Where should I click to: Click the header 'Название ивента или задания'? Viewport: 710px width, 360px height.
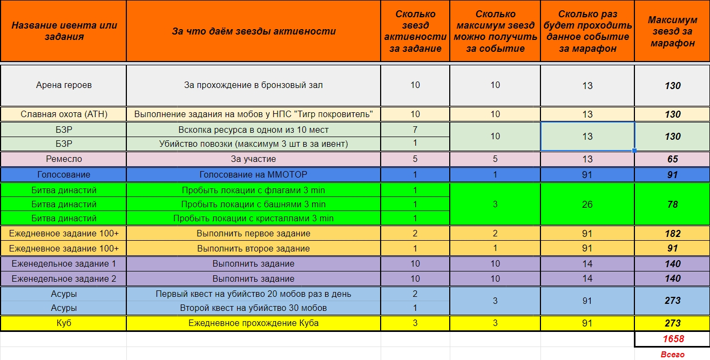coord(64,31)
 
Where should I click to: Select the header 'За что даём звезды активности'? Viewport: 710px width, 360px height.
coord(254,31)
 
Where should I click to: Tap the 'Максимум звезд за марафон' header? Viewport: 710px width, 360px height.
coord(672,31)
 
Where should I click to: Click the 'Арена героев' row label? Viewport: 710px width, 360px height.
coord(64,85)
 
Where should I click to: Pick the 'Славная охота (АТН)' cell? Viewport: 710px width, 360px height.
coord(64,114)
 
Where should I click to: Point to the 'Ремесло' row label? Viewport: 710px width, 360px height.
coord(64,159)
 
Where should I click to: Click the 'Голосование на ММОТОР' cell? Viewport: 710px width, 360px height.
coord(254,175)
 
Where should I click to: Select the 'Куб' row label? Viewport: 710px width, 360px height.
coord(64,323)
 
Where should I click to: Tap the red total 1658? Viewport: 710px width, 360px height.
coord(672,339)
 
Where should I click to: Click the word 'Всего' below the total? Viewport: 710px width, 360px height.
coord(672,355)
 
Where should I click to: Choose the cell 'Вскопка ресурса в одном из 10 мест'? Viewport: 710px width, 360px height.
coord(254,130)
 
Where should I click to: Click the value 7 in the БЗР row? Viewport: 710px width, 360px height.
coord(415,130)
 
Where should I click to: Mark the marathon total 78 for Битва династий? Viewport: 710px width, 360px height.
coord(672,205)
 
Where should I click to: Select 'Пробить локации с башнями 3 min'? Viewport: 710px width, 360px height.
coord(254,205)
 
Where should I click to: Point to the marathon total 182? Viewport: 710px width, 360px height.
coord(672,234)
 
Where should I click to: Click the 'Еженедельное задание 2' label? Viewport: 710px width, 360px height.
coord(64,279)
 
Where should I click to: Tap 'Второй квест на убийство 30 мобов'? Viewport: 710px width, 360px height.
coord(254,308)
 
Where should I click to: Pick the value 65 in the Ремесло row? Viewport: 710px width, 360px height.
coord(672,159)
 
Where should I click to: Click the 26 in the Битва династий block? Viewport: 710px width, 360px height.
coord(587,205)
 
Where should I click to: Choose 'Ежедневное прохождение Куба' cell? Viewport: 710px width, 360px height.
coord(254,323)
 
